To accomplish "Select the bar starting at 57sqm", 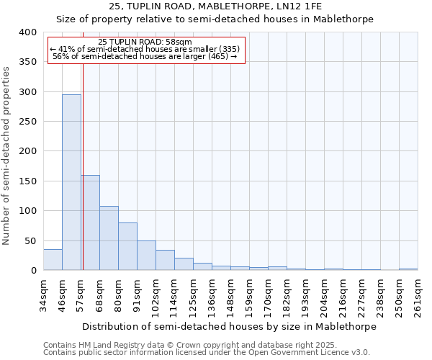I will [90, 222].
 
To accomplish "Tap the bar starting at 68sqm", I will [109, 238].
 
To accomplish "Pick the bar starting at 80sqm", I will [127, 246].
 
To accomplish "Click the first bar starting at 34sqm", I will [53, 259].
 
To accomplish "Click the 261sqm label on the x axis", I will [418, 297].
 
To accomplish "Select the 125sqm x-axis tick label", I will [194, 297].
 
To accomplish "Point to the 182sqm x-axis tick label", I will [287, 297].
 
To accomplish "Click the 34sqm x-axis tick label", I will [44, 297].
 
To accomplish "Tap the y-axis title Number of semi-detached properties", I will [7, 155].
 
